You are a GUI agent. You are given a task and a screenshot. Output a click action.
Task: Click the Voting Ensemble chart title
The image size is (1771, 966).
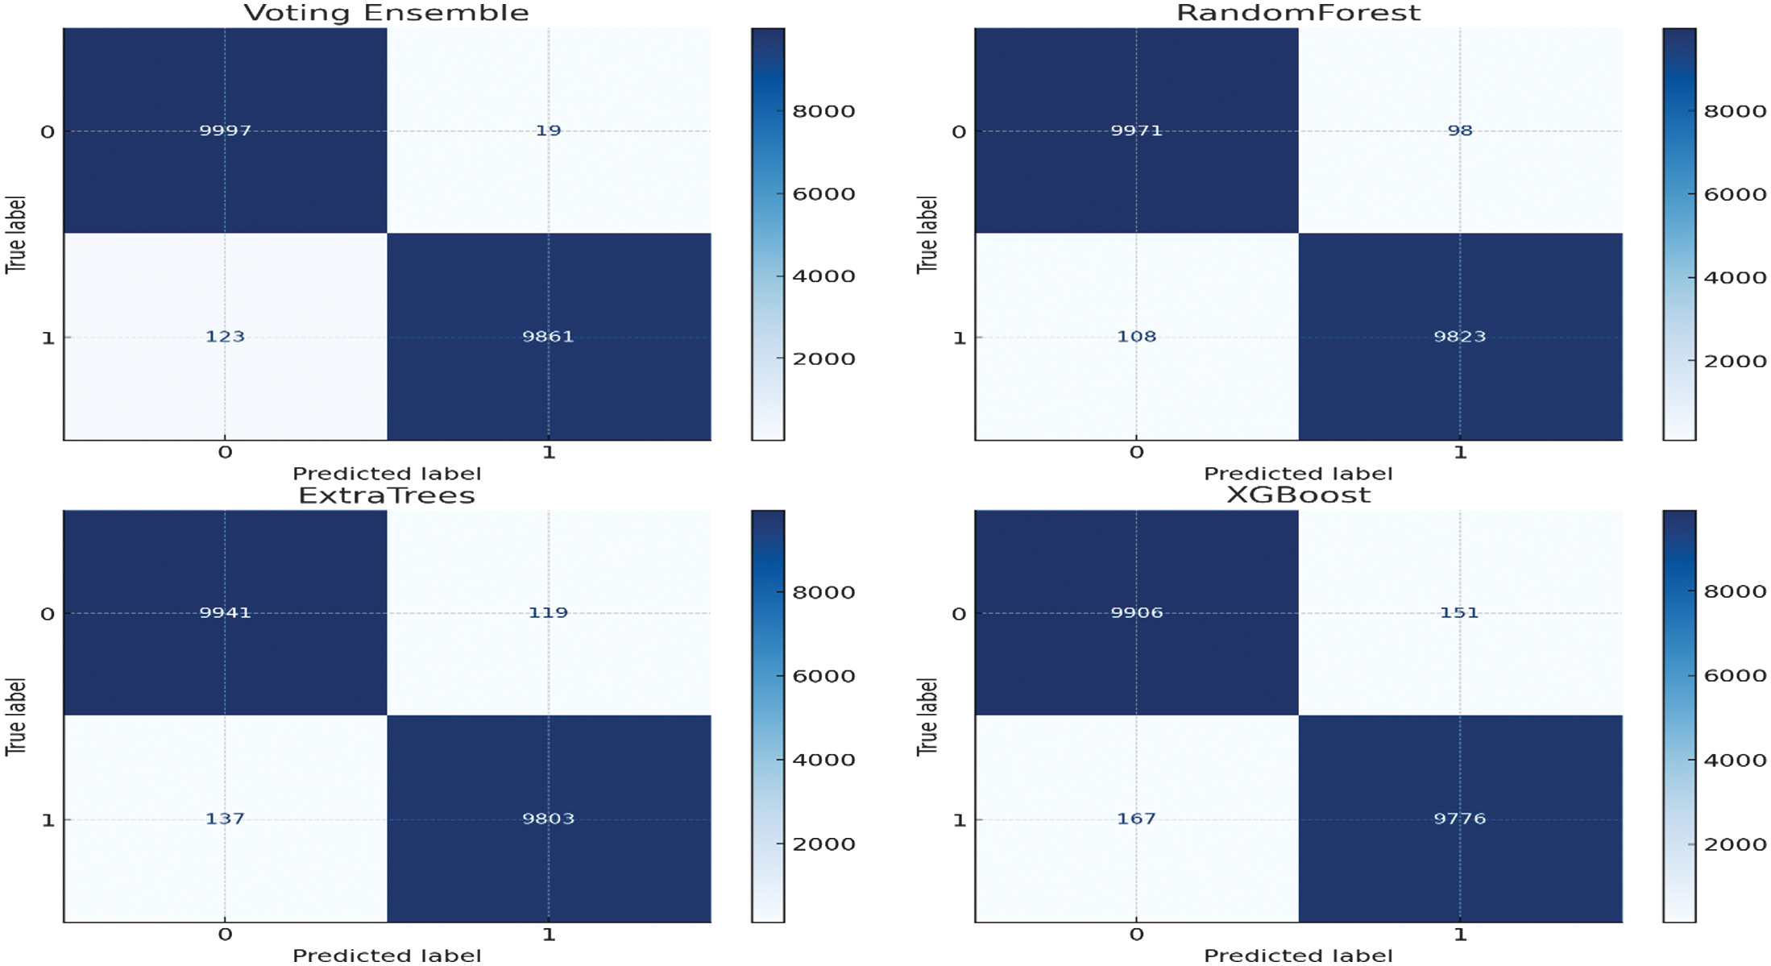[x=386, y=13]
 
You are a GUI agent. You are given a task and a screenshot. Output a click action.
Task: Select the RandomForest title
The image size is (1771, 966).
[x=1298, y=13]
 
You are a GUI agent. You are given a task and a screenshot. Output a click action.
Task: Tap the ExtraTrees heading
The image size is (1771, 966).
[x=387, y=495]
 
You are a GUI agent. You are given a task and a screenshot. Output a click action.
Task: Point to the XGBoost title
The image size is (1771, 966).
[x=1298, y=495]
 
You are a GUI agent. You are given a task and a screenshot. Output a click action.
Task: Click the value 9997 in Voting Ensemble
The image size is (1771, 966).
[x=225, y=131]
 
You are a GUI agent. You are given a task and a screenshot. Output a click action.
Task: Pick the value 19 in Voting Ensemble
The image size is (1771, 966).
[x=548, y=131]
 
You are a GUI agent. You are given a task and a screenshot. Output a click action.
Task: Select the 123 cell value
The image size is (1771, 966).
[x=225, y=337]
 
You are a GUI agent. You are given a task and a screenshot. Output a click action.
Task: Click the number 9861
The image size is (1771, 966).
[x=548, y=337]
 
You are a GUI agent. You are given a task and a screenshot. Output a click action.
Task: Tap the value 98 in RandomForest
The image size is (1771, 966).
[x=1459, y=131]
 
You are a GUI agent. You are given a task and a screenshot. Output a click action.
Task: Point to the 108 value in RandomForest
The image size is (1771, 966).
[x=1136, y=337]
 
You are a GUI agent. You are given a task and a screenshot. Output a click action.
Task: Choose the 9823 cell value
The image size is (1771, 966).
[x=1459, y=337]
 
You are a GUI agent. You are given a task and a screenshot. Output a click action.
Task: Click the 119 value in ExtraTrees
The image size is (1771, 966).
[x=548, y=612]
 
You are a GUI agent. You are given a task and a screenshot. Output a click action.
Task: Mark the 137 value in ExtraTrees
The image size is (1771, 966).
[x=225, y=819]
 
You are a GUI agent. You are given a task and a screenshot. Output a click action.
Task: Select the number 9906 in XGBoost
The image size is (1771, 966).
[x=1136, y=612]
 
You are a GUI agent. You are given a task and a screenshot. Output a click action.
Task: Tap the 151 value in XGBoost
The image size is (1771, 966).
[x=1459, y=612]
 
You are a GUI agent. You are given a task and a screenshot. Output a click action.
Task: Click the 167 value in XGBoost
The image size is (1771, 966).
[x=1136, y=819]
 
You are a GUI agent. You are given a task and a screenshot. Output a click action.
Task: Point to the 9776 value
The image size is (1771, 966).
[x=1459, y=819]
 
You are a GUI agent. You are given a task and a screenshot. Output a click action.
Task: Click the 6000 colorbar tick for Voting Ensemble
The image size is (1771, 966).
[x=823, y=194]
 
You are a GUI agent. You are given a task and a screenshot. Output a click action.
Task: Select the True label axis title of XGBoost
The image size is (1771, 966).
[x=927, y=716]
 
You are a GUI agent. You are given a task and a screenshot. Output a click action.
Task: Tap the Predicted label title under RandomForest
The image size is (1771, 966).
[x=1298, y=474]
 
